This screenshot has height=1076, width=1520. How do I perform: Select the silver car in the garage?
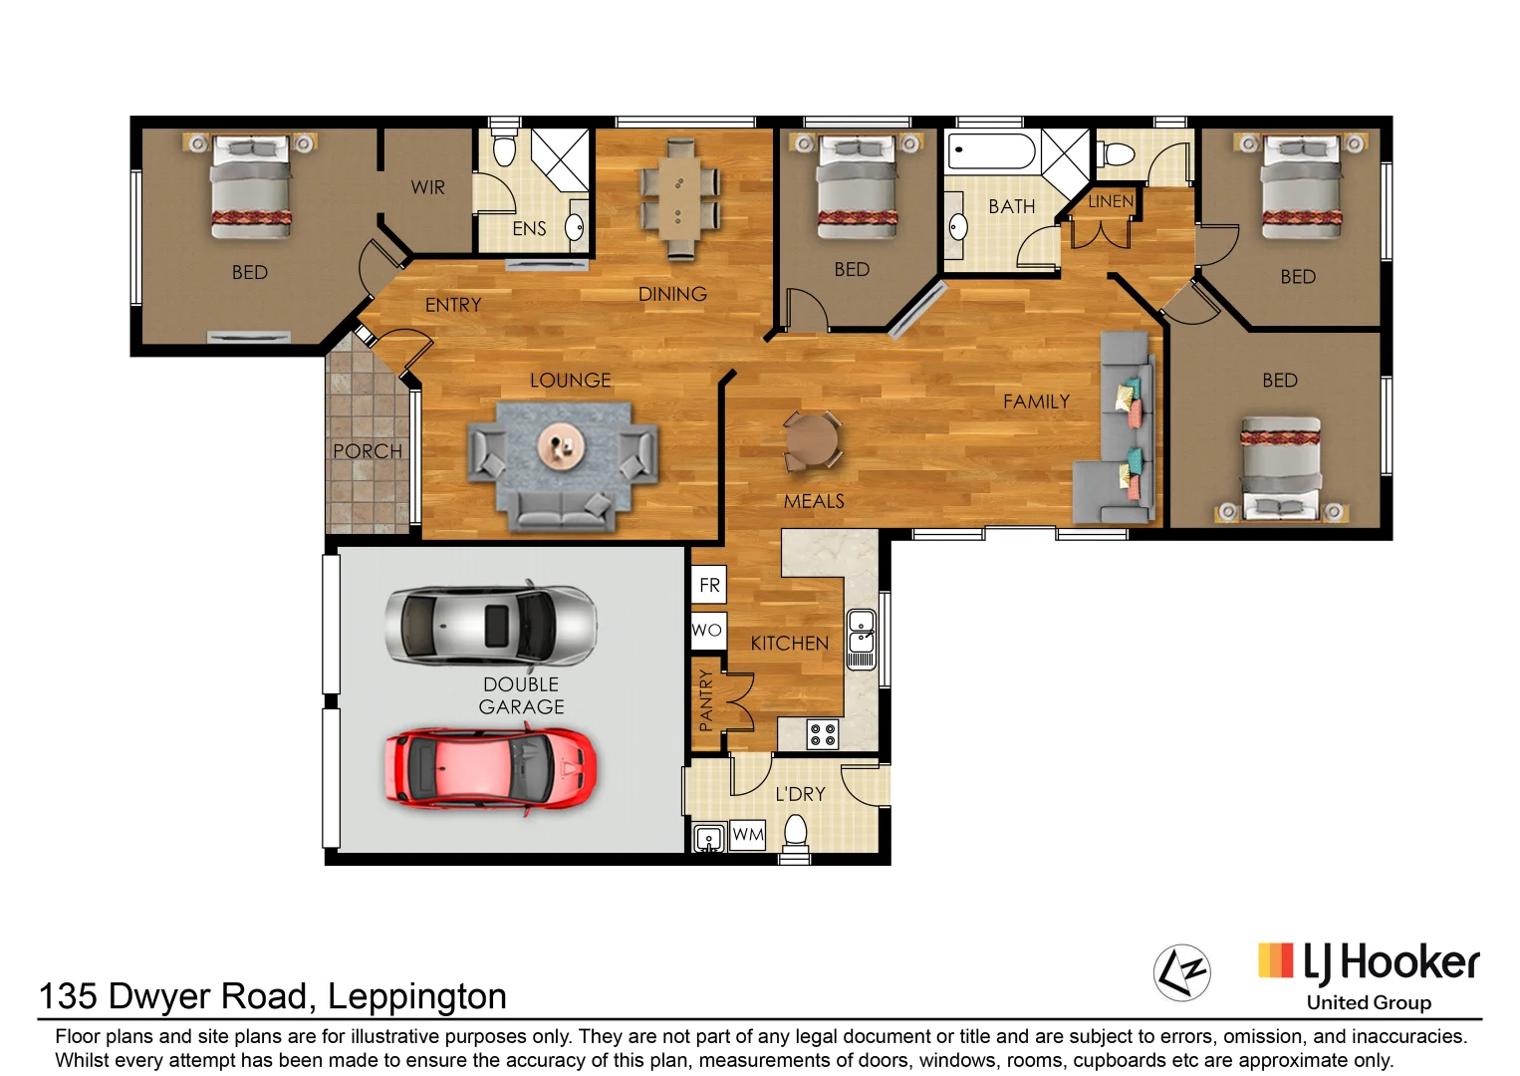pos(490,625)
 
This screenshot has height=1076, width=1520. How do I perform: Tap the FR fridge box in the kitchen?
pos(709,585)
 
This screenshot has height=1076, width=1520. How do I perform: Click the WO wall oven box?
pos(707,630)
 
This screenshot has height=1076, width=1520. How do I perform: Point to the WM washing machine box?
pos(747,835)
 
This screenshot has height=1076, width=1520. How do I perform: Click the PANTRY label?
pos(706,700)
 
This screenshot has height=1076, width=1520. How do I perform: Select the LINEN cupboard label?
pos(1110,201)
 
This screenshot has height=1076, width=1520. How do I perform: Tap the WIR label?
pos(427,187)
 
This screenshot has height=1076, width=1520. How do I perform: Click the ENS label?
pos(529,229)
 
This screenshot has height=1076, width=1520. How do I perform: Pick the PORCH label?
pos(368,451)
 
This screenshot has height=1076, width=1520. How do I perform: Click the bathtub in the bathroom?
pos(991,152)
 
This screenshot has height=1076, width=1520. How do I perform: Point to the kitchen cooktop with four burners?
pos(823,735)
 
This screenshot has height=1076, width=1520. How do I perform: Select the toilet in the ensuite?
pos(505,147)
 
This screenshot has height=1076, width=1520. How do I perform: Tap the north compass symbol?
pos(1181,971)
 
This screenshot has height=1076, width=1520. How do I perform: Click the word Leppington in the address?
pos(417,996)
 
